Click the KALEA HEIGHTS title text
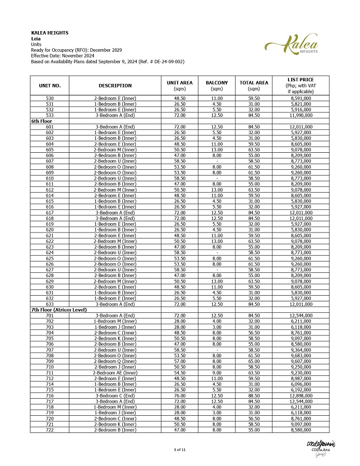(50, 33)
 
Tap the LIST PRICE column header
(300, 85)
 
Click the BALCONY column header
(217, 85)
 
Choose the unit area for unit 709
(180, 362)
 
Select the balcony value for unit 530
(217, 97)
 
